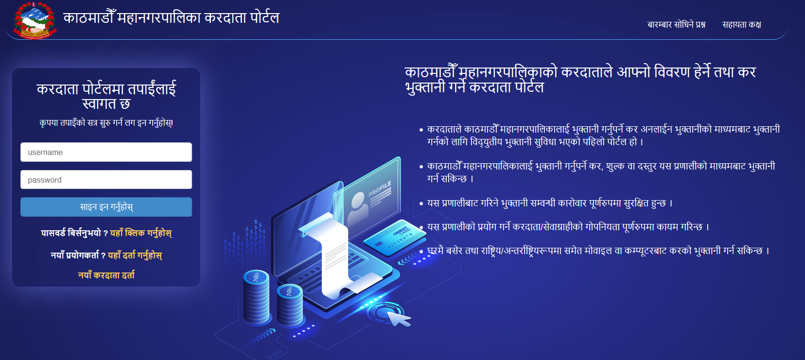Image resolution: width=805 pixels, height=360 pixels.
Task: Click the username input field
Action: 106,152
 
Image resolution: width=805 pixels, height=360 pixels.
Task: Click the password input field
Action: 106,180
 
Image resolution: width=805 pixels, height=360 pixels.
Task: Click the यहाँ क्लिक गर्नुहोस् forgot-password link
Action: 141,233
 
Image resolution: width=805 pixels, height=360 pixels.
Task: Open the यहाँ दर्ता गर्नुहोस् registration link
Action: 135,256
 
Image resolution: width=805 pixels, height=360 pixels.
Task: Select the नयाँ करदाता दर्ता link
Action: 106,275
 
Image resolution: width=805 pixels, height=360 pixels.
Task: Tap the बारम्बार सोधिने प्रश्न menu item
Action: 676,24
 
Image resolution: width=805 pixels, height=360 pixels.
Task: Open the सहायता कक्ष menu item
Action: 742,24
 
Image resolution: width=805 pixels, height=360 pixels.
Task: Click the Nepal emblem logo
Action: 35,20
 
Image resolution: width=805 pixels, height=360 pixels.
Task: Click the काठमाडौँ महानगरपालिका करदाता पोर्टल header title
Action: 171,17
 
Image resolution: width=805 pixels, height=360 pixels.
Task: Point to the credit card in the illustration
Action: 395,238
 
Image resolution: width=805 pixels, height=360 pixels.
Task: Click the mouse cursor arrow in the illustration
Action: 399,318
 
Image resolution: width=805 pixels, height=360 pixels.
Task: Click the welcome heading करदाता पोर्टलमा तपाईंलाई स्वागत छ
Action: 106,96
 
